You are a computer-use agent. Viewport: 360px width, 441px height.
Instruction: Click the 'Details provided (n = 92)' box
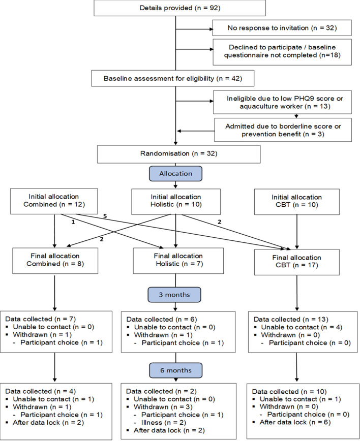[x=179, y=8]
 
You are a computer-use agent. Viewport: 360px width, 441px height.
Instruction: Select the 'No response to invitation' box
[x=282, y=28]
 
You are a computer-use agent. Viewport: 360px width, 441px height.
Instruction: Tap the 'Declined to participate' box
[x=282, y=52]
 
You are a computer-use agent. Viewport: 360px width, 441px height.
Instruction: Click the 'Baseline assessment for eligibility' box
[x=172, y=78]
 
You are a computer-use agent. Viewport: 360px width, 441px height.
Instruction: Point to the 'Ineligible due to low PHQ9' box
[x=282, y=102]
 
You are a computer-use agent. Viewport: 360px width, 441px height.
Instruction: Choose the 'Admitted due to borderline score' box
[x=283, y=130]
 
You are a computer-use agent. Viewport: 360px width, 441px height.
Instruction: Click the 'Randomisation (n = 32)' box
[x=179, y=154]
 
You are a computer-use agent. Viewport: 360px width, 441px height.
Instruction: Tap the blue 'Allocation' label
[x=175, y=174]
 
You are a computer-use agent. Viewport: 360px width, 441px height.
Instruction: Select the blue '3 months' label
[x=174, y=295]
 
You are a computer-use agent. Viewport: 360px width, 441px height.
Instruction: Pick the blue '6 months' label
[x=175, y=370]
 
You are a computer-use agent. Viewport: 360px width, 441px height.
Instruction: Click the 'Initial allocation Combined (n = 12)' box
[x=54, y=201]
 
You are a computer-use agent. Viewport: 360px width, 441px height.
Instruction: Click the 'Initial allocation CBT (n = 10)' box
[x=296, y=202]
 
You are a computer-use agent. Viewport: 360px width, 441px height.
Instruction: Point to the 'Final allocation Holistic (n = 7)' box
[x=178, y=261]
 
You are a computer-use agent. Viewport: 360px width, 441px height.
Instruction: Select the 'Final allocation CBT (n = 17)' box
[x=296, y=262]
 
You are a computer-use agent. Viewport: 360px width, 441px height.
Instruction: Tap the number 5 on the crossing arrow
[x=105, y=216]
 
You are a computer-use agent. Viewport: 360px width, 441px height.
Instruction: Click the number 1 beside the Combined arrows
[x=73, y=222]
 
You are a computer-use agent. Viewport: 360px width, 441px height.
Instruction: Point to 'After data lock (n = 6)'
[x=295, y=422]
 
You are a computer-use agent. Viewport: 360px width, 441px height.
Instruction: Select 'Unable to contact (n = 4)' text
[x=302, y=327]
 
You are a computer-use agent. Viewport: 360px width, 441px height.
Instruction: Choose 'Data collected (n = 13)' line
[x=291, y=319]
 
